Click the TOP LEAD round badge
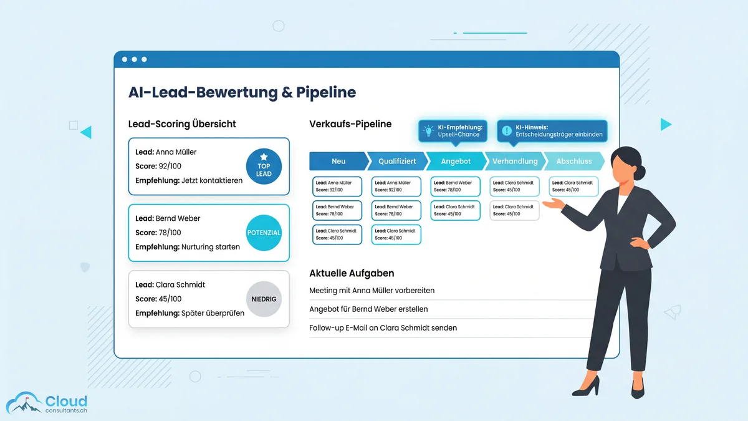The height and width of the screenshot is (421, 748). coord(264,167)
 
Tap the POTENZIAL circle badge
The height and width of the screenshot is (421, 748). coord(264,233)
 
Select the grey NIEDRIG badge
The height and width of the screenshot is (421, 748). coord(264,299)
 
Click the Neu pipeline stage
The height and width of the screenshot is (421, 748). coord(338,161)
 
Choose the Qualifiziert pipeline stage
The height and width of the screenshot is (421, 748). coord(397,161)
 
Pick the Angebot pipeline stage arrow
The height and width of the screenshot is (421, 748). coord(456,161)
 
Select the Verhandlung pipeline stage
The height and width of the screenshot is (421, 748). coord(515,161)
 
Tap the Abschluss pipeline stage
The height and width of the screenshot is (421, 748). coord(573,161)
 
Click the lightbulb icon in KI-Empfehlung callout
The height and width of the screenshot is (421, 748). coord(428,131)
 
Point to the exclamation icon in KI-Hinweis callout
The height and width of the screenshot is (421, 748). coord(506,131)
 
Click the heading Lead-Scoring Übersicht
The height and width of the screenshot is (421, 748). coord(182,124)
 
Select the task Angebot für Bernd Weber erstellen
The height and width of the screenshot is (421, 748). coord(368,309)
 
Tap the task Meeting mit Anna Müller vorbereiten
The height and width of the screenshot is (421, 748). coord(372,291)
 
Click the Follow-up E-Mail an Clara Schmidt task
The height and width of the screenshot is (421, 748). coord(383,328)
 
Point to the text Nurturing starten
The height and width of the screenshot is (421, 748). coord(210,247)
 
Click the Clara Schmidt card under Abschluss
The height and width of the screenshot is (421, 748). coord(573,186)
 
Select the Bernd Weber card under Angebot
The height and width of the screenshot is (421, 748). coord(456,186)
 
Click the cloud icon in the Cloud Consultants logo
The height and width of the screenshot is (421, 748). coord(24,403)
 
